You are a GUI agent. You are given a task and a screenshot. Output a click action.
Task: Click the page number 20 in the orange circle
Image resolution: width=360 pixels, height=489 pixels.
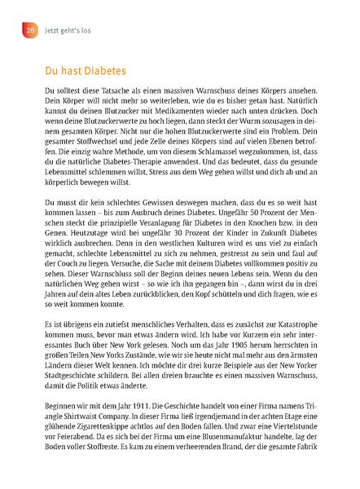click(x=29, y=30)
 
